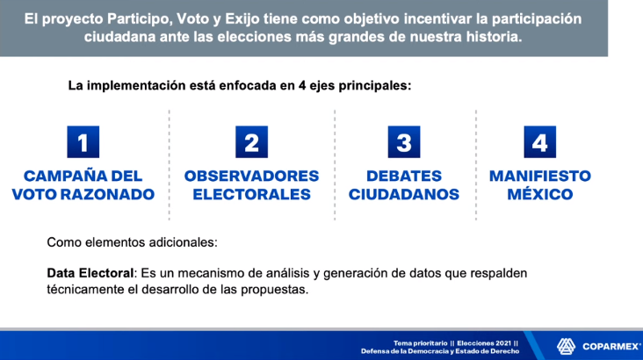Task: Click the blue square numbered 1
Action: pos(83,142)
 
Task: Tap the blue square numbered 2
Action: pos(252,142)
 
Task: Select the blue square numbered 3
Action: pos(404,142)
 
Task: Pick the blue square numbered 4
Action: pos(540,142)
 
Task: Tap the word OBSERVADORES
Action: pos(251,176)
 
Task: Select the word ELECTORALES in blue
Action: pos(252,194)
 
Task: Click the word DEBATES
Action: pos(404,176)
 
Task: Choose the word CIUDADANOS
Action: pos(404,194)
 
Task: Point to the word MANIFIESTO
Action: pos(540,176)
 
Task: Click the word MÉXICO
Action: pos(540,193)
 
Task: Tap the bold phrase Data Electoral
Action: pos(90,273)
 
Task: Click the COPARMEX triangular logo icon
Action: pos(566,347)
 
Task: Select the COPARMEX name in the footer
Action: pos(611,347)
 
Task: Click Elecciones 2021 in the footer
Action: pos(484,343)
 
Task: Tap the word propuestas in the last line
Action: pos(274,290)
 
